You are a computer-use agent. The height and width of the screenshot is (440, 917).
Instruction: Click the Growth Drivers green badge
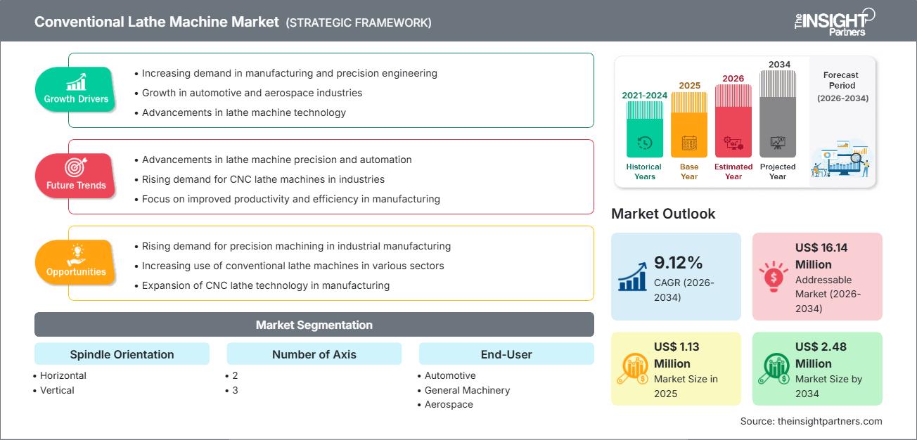pos(76,88)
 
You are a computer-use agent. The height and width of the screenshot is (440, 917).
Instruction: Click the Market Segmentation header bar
pos(314,325)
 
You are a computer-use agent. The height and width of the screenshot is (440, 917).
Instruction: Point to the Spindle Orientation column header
pos(122,354)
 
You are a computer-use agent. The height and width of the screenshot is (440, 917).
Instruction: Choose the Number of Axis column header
pos(314,354)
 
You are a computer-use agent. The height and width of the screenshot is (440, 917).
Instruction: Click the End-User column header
pos(506,354)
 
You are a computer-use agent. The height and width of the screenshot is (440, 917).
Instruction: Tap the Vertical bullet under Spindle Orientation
pos(58,390)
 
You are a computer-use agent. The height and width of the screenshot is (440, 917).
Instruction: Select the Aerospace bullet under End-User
pos(449,404)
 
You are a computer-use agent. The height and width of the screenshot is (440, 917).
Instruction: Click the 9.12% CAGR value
pos(679,263)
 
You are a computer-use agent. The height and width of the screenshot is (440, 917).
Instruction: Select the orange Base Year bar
pos(689,124)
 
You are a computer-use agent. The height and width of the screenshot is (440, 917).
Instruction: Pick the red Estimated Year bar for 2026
pos(733,120)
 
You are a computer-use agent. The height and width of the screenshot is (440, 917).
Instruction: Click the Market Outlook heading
pos(663,214)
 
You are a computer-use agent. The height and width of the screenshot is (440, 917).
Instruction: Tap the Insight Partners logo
pos(833,22)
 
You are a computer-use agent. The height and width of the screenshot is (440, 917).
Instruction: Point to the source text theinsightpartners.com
pos(811,421)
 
